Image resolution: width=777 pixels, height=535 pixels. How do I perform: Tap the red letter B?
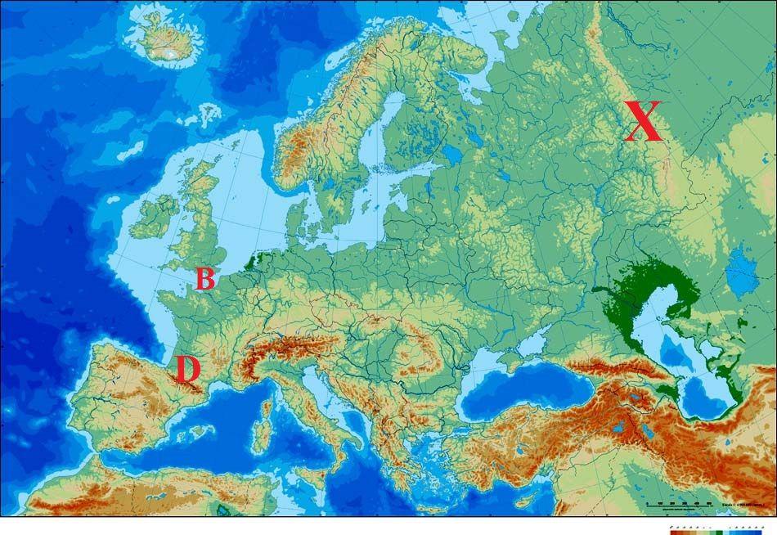204,279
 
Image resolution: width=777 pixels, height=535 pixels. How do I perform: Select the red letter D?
187,369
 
